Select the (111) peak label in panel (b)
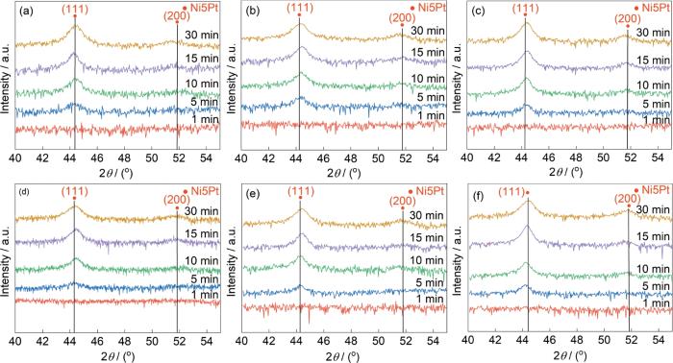pos(301,8)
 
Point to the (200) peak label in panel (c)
pos(628,19)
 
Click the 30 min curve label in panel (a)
pos(202,35)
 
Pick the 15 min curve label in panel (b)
pos(428,52)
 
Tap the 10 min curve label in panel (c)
pos(653,85)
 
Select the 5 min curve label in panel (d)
pos(205,279)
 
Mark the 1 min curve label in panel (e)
pos(431,299)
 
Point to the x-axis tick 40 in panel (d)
pos(15,342)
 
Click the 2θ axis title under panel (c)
pos(565,172)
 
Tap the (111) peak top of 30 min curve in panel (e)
pos(300,208)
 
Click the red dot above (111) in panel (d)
pos(74,198)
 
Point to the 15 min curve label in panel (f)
pos(653,236)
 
